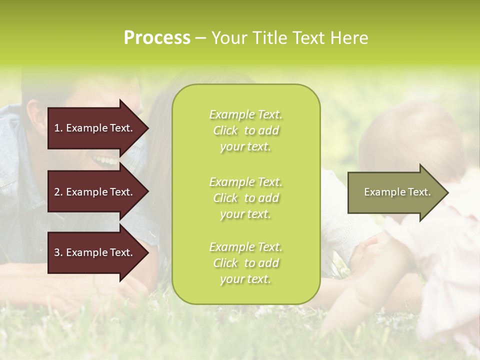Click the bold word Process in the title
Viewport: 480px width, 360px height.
click(157, 38)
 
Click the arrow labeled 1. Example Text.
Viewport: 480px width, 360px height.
click(95, 128)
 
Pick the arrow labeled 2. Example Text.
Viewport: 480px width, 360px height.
click(95, 192)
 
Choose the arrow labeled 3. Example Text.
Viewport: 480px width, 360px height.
click(95, 252)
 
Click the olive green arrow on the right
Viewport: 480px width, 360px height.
click(395, 192)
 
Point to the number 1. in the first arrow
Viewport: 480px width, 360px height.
click(58, 128)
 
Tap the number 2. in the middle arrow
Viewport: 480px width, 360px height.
click(58, 192)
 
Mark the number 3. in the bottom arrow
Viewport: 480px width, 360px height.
click(58, 252)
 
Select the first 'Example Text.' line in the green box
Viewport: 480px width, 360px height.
click(245, 114)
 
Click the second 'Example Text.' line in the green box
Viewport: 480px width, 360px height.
click(245, 182)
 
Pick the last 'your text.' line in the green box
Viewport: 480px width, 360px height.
click(245, 279)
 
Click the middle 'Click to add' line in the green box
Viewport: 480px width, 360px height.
click(245, 198)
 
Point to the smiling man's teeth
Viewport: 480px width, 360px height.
click(105, 160)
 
